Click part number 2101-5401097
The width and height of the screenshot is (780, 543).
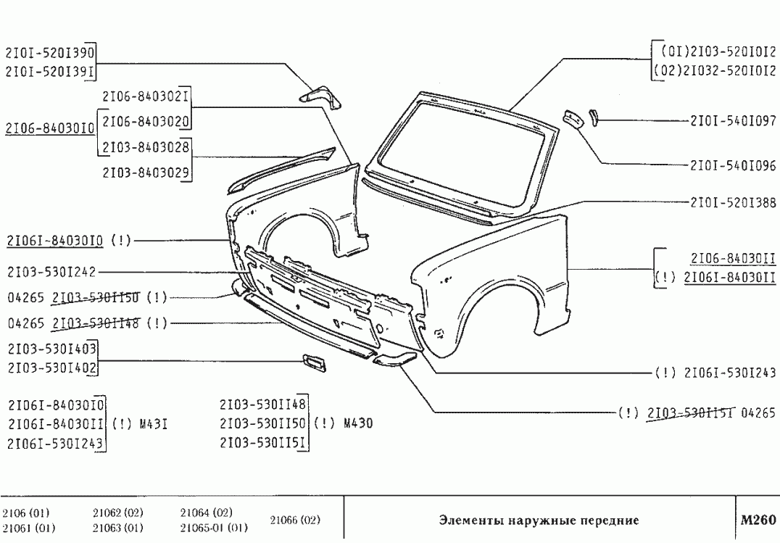click(732, 121)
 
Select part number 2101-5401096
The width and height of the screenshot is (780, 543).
click(732, 166)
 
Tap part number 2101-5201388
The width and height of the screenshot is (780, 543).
click(732, 204)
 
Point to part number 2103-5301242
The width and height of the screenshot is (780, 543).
click(51, 273)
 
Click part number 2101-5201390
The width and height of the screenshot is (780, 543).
click(49, 53)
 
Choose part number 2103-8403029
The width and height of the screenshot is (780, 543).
click(146, 173)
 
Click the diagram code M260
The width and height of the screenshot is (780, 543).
click(757, 520)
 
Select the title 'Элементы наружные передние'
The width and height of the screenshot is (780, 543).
click(539, 521)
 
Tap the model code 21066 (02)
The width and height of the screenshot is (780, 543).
click(294, 521)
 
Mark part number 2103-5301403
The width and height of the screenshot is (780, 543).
click(51, 349)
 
